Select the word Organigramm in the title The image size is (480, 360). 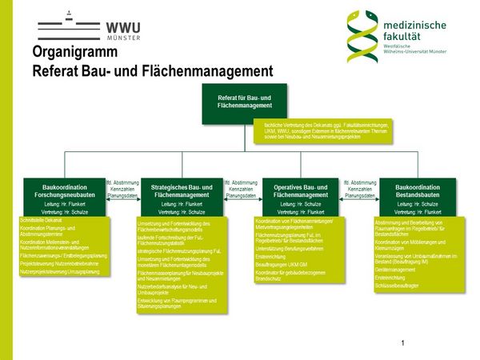[75, 53]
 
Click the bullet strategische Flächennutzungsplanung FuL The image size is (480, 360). [177, 250]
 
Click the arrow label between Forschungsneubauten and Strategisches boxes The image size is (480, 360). [122, 188]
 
